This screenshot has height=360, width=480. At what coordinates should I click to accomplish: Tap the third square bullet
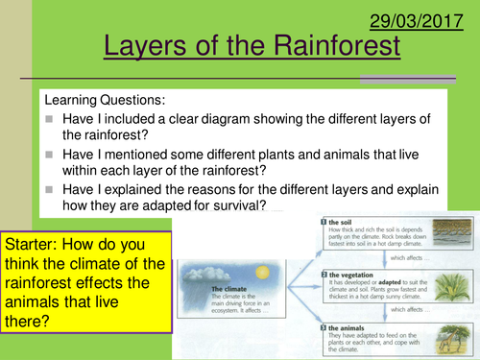coord(49,190)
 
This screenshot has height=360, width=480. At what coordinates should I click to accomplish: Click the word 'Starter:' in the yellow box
coord(38,246)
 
